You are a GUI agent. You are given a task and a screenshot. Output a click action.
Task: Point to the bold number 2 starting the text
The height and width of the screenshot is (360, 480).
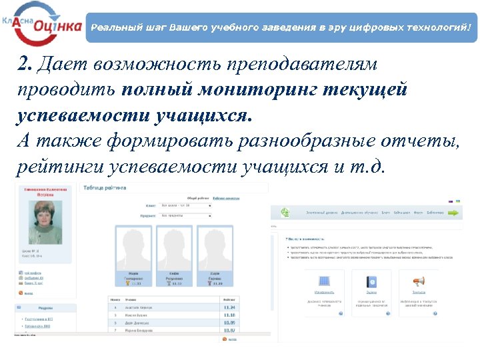tap(24, 64)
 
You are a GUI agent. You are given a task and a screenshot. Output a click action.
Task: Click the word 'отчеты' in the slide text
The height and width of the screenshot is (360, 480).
tap(416, 140)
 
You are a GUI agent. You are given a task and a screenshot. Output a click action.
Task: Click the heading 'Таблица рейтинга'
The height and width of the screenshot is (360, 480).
tap(104, 188)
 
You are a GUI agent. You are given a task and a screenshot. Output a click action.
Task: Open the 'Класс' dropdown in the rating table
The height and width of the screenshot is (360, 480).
tap(185, 206)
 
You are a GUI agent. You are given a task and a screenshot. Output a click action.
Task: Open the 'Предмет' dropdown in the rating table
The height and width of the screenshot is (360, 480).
tap(185, 216)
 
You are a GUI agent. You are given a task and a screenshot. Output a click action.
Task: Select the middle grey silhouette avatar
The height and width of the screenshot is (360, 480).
tap(175, 249)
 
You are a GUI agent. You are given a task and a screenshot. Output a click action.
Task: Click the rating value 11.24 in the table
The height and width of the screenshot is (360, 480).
tap(230, 308)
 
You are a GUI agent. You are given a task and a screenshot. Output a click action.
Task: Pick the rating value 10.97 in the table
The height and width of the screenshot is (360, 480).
tap(230, 330)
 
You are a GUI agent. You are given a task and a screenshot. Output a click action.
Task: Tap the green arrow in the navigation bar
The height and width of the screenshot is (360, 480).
tap(453, 213)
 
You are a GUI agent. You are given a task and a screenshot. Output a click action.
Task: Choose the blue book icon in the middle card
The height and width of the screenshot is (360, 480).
tap(371, 282)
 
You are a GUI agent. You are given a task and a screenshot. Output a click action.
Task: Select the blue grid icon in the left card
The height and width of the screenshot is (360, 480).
tap(325, 282)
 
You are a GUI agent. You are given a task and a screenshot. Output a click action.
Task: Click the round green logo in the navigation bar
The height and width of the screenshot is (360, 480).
tap(285, 213)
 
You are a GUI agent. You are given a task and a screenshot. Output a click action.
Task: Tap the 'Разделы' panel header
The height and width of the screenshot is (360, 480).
tap(47, 309)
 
